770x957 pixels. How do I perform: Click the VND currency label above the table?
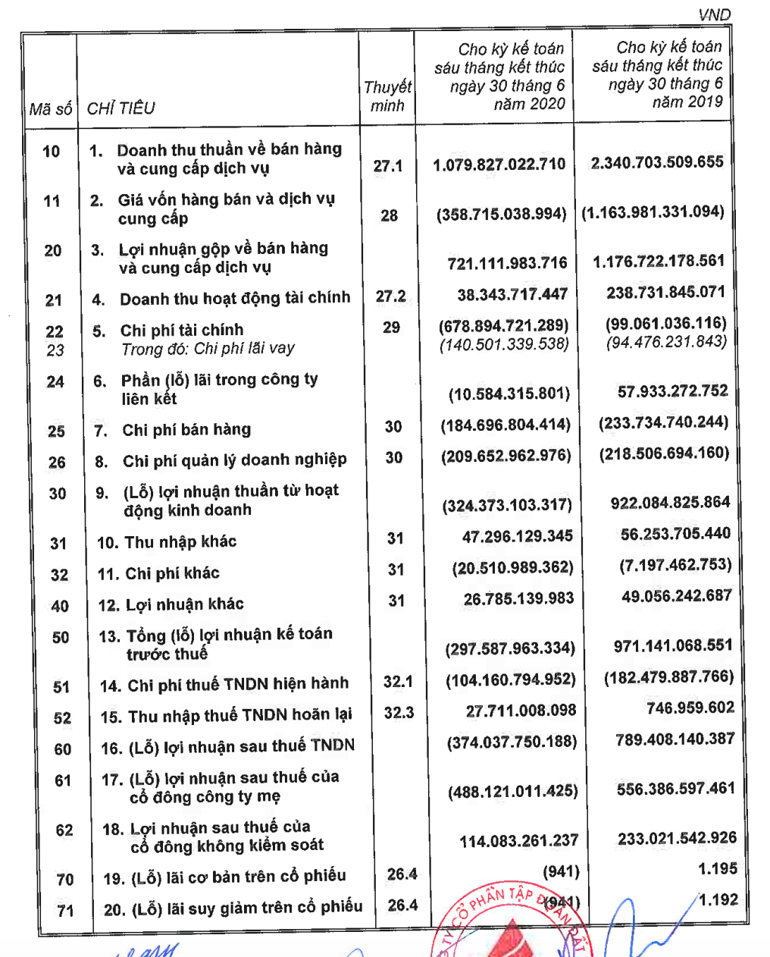pos(714,14)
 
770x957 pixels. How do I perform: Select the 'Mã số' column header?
pos(50,109)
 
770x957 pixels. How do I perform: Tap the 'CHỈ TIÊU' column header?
pos(121,108)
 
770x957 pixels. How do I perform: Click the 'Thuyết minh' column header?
pos(387,96)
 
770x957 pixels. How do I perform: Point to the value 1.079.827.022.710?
pos(499,165)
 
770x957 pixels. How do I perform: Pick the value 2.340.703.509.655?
pos(657,162)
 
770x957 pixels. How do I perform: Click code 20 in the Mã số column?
pos(53,251)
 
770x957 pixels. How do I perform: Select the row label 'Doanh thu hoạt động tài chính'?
pos(235,298)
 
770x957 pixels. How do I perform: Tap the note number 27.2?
pos(390,296)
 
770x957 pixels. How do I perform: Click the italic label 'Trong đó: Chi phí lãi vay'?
pos(208,349)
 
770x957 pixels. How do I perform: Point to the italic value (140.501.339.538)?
pos(504,344)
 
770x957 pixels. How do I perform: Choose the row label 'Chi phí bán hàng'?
pos(186,430)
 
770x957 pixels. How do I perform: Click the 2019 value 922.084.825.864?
pos(670,502)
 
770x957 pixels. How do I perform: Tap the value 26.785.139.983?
pos(518,598)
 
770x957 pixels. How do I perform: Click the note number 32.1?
pos(398,681)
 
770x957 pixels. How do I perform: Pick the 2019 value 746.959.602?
pos(690,708)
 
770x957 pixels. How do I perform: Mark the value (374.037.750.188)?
pos(512,742)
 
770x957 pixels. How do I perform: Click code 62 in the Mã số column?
pos(64,830)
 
